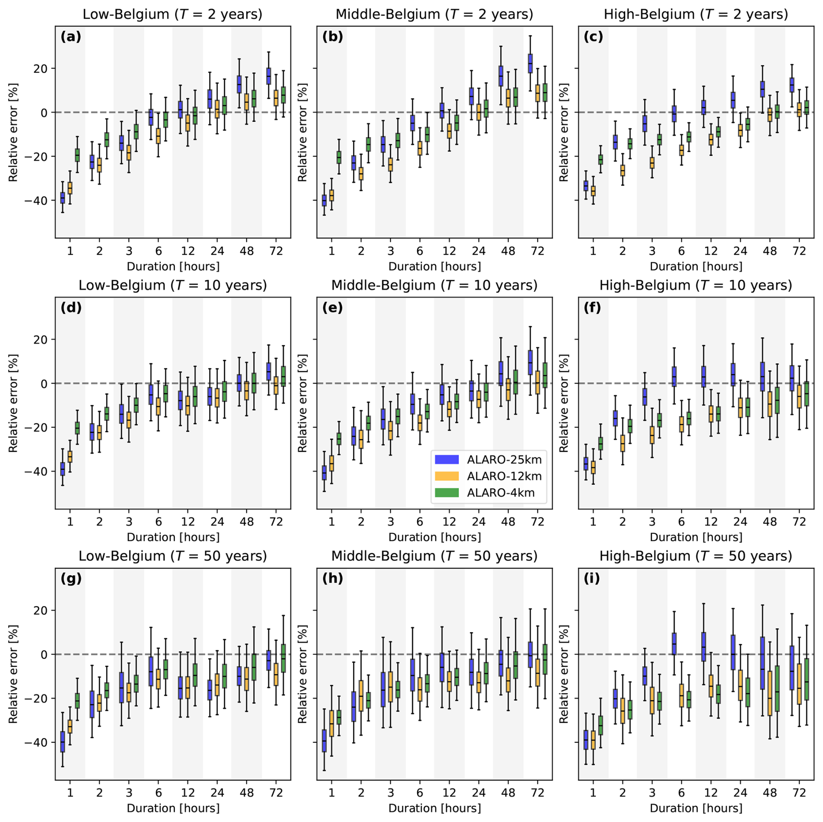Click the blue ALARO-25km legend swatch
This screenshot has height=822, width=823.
447,460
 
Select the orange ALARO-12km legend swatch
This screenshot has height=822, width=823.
447,476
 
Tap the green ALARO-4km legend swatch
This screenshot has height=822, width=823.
447,493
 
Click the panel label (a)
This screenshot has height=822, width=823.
71,37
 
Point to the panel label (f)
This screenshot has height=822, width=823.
592,308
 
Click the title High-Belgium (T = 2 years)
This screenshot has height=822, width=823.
696,14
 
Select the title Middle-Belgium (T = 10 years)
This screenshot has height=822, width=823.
435,285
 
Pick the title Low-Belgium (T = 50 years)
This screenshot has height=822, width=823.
173,556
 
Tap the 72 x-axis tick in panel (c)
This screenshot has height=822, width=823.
799,251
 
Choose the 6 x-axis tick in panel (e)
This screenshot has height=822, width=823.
420,522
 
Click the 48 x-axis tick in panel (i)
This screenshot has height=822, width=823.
769,793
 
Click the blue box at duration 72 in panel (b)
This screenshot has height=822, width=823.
530,64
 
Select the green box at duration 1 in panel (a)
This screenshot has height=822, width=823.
77,155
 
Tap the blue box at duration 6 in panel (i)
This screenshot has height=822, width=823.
674,644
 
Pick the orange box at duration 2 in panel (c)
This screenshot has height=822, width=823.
622,171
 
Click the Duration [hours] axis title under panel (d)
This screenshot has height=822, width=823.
173,537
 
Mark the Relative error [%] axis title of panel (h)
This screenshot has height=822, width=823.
302,674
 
